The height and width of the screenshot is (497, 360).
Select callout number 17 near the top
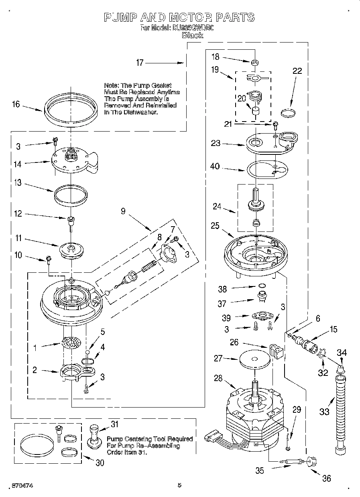(140, 63)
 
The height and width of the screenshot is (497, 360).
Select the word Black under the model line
(193, 35)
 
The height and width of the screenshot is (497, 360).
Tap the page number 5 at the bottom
(179, 485)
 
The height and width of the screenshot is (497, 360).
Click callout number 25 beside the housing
(215, 226)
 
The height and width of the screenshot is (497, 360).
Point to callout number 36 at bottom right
(326, 478)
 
